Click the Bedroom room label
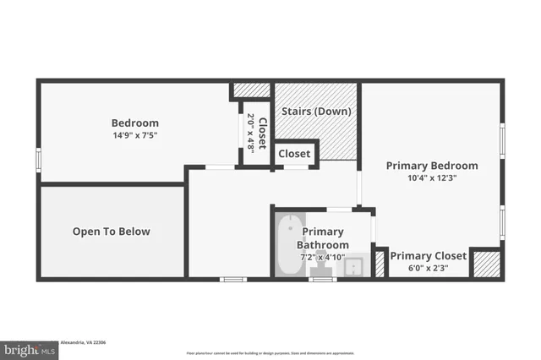pos(134,123)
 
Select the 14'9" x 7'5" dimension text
pos(134,134)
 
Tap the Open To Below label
pos(111,232)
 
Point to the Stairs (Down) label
pos(316,111)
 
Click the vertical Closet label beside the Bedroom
pos(262,132)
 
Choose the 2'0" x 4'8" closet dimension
pos(250,132)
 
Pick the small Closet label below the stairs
pos(294,154)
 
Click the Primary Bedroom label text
pos(431,166)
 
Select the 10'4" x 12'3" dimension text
pos(431,178)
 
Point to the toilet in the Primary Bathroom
pos(322,270)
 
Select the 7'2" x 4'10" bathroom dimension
pos(322,256)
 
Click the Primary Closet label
pos(428,256)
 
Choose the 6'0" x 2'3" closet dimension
pos(428,268)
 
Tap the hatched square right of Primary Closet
pos(484,264)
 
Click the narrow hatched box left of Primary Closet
pos(380,264)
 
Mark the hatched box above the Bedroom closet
pos(251,90)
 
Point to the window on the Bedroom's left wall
pos(37,160)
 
